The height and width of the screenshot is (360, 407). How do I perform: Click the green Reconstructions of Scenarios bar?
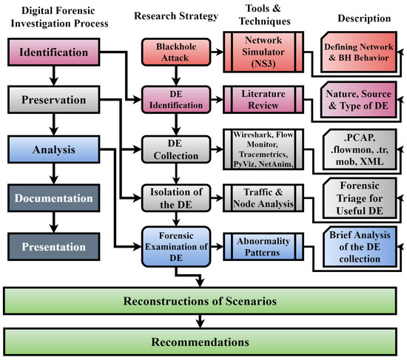(x=201, y=302)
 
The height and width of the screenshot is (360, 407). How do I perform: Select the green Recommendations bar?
(x=201, y=342)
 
